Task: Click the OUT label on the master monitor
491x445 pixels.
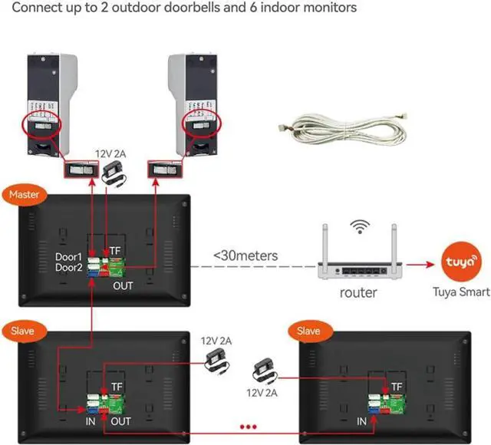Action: [x=123, y=285]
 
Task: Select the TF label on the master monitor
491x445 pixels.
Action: [x=114, y=250]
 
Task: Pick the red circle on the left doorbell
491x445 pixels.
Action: [x=43, y=123]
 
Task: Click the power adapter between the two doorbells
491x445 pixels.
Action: [x=117, y=171]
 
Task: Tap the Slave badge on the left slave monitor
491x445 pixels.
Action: [x=23, y=331]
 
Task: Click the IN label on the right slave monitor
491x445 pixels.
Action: [x=362, y=421]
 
